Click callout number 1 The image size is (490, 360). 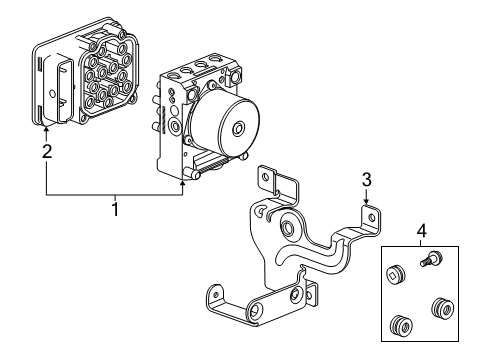(116, 209)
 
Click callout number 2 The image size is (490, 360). (46, 153)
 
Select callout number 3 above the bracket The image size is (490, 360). (367, 179)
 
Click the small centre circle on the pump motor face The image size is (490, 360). (238, 129)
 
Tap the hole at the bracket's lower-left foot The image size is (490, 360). (211, 294)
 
